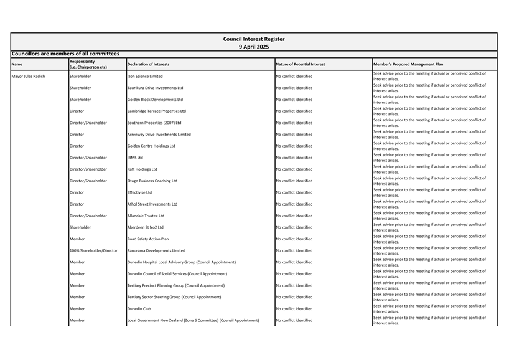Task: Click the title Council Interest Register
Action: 254,39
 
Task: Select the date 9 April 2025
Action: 254,46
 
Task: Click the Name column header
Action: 17,64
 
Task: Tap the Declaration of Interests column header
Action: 148,64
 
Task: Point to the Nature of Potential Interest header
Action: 300,64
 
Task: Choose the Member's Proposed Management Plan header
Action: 408,64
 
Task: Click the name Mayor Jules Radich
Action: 29,76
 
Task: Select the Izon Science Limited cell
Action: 145,76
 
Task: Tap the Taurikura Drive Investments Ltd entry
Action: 155,88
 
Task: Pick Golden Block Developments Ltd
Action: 155,100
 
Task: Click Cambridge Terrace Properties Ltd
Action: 157,111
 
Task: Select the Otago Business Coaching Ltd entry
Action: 152,181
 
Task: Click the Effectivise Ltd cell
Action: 139,192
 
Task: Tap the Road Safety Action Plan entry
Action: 148,239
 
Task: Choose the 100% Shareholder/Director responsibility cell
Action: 93,250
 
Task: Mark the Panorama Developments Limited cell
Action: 156,250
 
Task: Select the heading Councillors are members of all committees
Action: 65,54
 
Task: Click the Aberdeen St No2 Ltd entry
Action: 146,227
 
